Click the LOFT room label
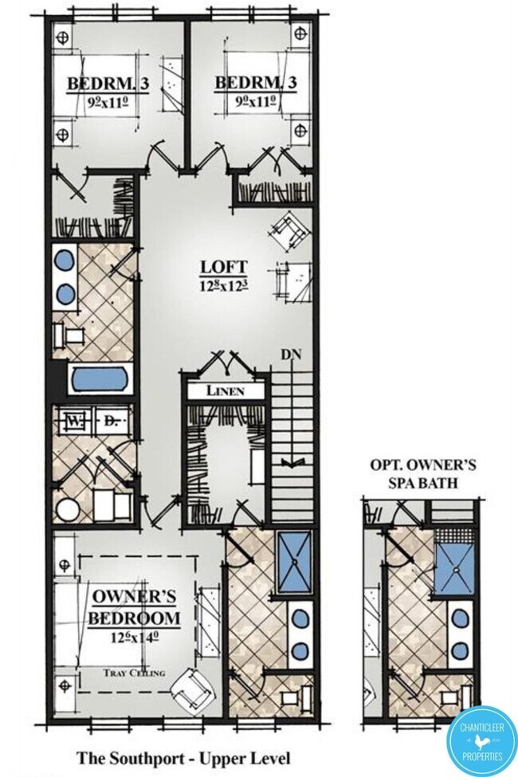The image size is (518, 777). tap(224, 267)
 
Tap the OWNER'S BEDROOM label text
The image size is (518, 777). tap(134, 607)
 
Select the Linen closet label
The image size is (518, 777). tap(226, 390)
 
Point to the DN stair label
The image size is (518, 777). tap(291, 355)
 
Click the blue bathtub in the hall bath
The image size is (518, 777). tap(100, 379)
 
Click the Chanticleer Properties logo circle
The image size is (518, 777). tap(481, 742)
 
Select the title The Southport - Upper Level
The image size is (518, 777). tap(183, 758)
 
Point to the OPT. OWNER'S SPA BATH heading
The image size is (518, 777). tap(423, 473)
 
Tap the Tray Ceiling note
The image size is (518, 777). tap(135, 673)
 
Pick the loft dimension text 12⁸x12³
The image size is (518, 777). tap(224, 285)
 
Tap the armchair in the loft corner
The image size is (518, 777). tap(289, 231)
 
